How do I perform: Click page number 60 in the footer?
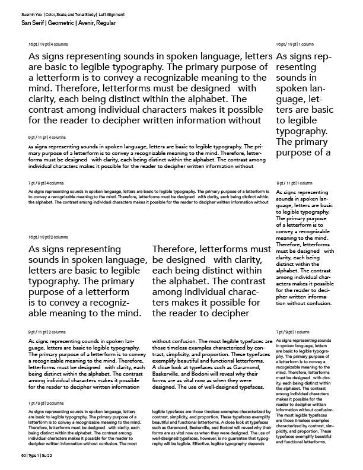click(x=24, y=455)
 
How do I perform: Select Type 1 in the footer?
click(x=37, y=455)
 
